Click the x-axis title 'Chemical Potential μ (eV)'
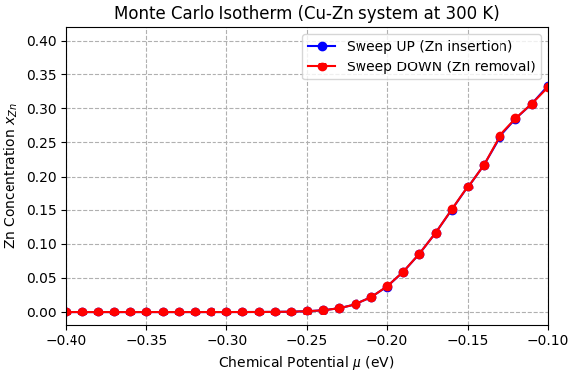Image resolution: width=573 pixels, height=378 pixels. (x=306, y=362)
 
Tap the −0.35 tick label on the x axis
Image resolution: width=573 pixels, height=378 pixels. (x=146, y=340)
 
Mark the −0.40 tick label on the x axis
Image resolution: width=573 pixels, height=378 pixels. (x=66, y=340)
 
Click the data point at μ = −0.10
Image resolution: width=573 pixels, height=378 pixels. (x=547, y=87)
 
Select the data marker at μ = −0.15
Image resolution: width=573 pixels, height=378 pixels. (x=468, y=187)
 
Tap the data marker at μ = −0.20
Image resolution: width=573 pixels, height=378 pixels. (x=387, y=286)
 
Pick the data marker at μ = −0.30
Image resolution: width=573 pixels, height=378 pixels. (x=226, y=312)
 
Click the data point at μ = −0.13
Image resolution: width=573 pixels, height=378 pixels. (x=500, y=137)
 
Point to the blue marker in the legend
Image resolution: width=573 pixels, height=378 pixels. (x=323, y=46)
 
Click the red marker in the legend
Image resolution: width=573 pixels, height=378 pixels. (x=323, y=66)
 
